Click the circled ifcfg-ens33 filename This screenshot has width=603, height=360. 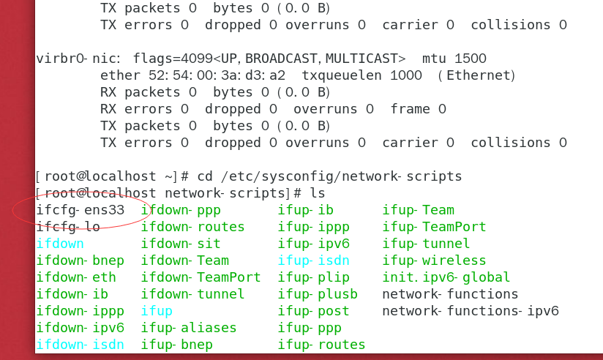click(80, 210)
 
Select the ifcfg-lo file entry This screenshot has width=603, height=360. click(68, 227)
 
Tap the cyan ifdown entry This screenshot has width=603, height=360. click(60, 244)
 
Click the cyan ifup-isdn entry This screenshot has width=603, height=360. click(313, 260)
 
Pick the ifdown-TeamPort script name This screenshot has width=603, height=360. click(201, 277)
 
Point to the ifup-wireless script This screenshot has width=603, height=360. click(434, 260)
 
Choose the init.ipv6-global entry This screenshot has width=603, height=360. click(446, 277)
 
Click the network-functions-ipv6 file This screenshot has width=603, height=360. click(471, 311)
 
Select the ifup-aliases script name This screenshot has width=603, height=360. click(189, 328)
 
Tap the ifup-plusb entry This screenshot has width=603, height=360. click(318, 294)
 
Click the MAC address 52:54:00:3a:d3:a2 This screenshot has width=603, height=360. click(217, 75)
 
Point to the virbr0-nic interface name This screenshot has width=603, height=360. click(78, 59)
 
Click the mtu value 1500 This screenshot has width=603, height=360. click(471, 59)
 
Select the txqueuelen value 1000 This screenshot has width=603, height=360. click(405, 75)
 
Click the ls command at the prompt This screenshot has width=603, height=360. click(318, 193)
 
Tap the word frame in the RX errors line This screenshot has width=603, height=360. click(410, 109)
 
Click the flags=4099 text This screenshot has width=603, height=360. click(173, 59)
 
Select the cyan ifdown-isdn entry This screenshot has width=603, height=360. click(80, 345)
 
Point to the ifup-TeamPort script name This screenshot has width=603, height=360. click(434, 227)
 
